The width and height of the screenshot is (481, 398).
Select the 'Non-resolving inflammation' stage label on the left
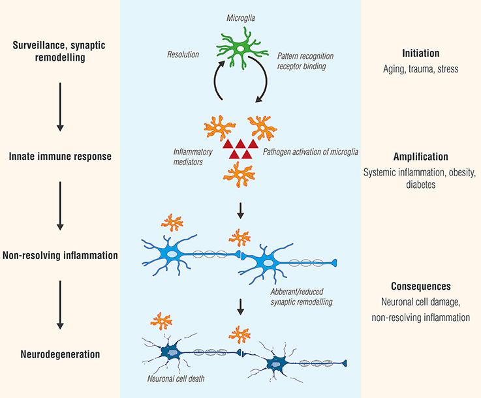pyautogui.click(x=60, y=256)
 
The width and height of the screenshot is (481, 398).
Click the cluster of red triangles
pyautogui.click(x=241, y=148)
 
